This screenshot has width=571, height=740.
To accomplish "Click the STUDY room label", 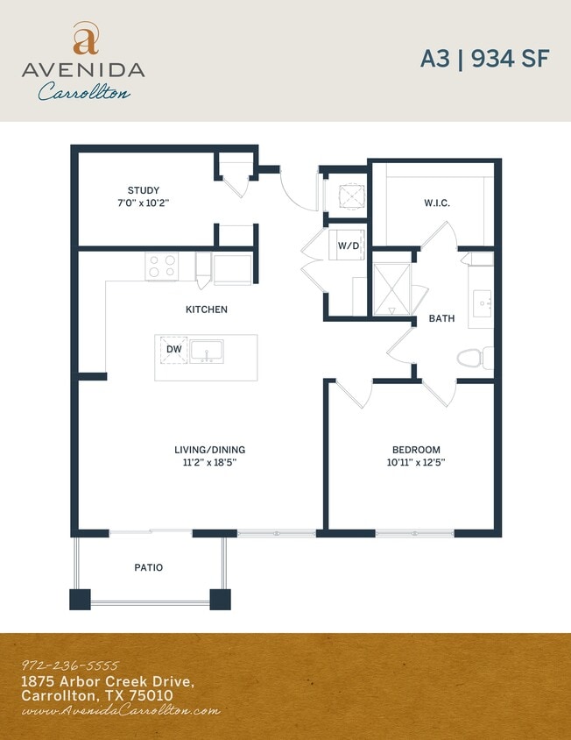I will pyautogui.click(x=143, y=190).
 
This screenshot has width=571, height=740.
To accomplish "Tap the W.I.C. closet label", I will pyautogui.click(x=437, y=203).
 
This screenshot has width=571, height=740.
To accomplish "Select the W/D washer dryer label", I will pyautogui.click(x=348, y=245).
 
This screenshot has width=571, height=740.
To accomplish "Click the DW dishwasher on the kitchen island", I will pyautogui.click(x=173, y=349).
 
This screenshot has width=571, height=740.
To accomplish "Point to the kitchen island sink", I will pyautogui.click(x=207, y=352).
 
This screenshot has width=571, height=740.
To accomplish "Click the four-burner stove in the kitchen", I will pyautogui.click(x=161, y=266).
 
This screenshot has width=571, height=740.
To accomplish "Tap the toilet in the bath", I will pyautogui.click(x=474, y=359).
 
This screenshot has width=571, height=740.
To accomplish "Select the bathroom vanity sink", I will pyautogui.click(x=481, y=304).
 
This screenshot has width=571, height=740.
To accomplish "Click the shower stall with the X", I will pyautogui.click(x=391, y=288).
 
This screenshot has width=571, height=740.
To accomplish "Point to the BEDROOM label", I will pyautogui.click(x=416, y=450).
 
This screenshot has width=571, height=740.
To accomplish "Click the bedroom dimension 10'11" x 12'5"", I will pyautogui.click(x=416, y=462).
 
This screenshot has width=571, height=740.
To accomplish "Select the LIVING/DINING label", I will pyautogui.click(x=209, y=450).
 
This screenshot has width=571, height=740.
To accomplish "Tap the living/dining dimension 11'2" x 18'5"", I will pyautogui.click(x=209, y=462).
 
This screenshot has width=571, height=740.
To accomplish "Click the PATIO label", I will pyautogui.click(x=148, y=567).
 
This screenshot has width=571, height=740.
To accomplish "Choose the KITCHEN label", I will pyautogui.click(x=207, y=310).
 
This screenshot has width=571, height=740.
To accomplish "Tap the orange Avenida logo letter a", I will pyautogui.click(x=85, y=39).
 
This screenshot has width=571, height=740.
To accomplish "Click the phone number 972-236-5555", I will pyautogui.click(x=69, y=665).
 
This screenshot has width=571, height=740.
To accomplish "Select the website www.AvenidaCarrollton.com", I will pyautogui.click(x=120, y=711).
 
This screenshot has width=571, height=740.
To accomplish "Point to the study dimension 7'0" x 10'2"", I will pyautogui.click(x=143, y=203).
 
